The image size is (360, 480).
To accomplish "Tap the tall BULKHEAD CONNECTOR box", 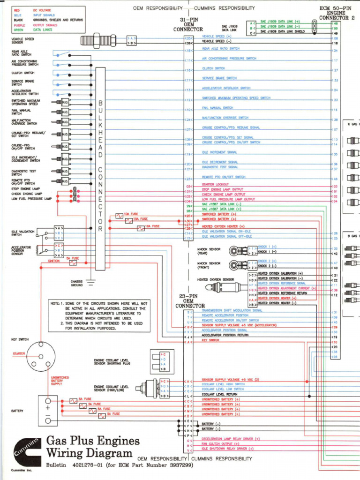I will pyautogui.click(x=100, y=168).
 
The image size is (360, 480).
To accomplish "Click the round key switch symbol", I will pyautogui.click(x=41, y=356).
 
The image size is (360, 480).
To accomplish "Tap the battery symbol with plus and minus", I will pyautogui.click(x=48, y=411).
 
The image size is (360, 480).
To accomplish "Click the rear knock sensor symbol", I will pyautogui.click(x=239, y=250).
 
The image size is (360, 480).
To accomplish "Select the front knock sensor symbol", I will pyautogui.click(x=239, y=265).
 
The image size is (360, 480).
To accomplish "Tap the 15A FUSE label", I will pyautogui.click(x=140, y=219).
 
